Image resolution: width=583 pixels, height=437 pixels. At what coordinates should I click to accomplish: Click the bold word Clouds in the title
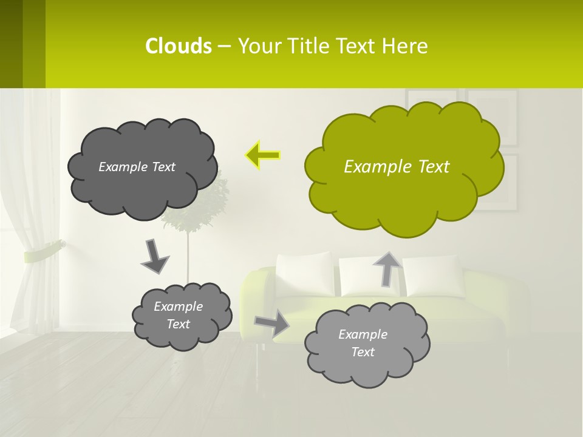coord(179,46)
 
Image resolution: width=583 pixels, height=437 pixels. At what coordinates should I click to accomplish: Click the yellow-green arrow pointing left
coord(263,155)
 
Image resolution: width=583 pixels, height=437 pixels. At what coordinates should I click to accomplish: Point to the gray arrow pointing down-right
coord(154,257)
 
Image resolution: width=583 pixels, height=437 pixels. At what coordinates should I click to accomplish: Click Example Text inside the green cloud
coord(397,167)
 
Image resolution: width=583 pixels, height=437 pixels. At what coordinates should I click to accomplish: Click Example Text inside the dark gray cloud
coord(137,167)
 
